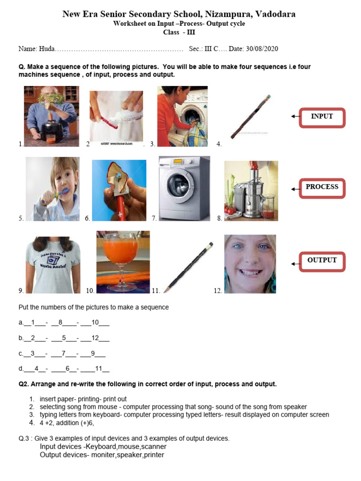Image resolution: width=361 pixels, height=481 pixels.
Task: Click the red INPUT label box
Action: point(322,117)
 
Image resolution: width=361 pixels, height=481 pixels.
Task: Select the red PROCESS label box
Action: point(322,187)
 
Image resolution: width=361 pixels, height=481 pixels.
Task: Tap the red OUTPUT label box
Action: point(322,261)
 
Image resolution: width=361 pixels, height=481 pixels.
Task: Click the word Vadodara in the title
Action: point(275,14)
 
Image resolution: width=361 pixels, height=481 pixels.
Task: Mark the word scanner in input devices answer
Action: point(153,447)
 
